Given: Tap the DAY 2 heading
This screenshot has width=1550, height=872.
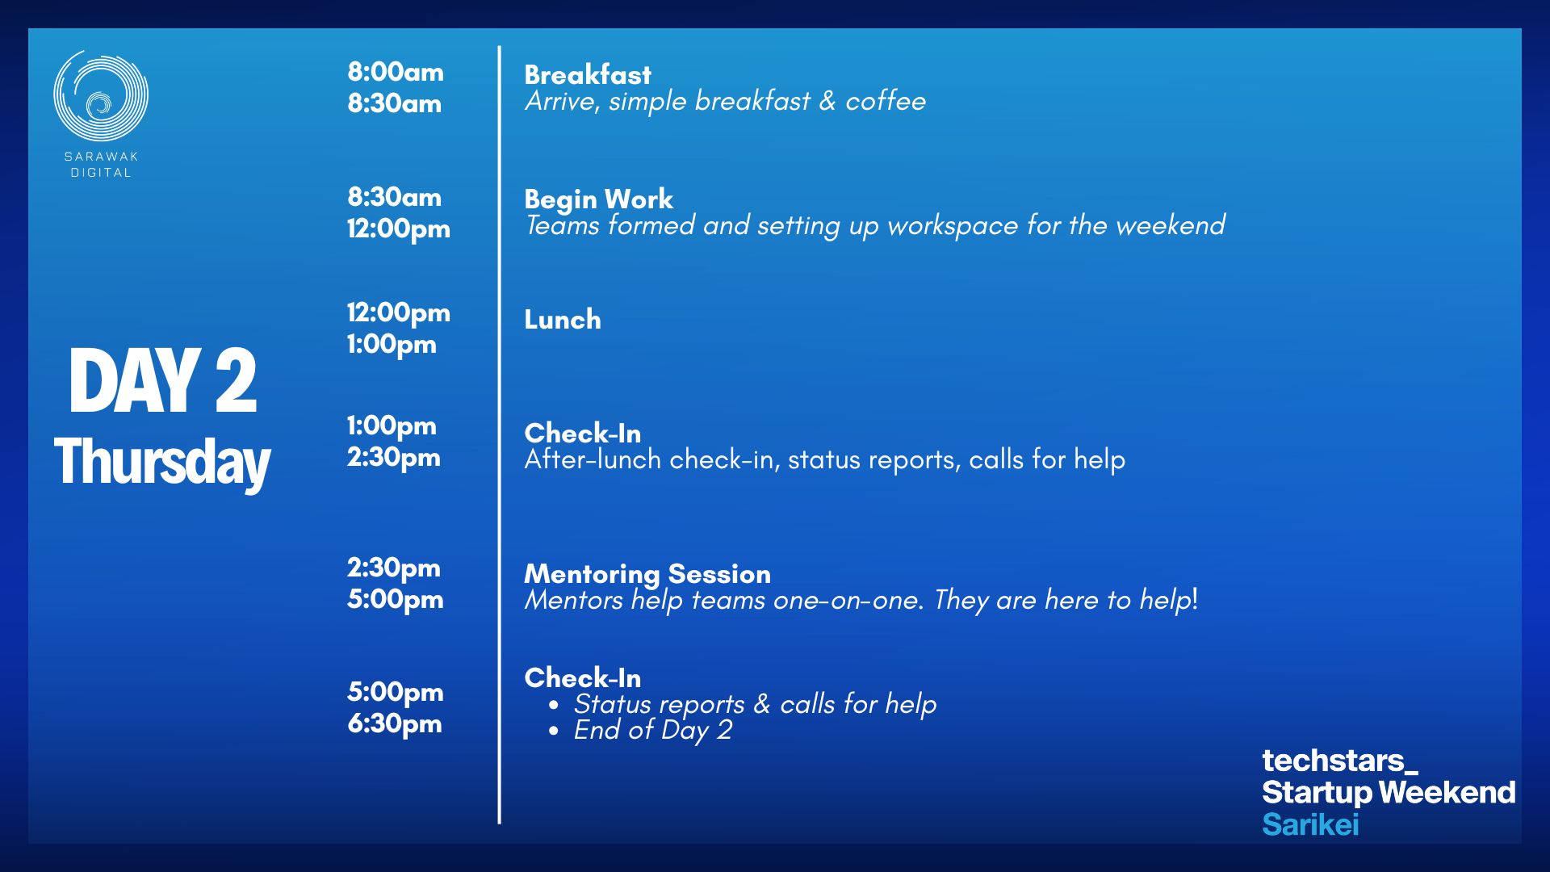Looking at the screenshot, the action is click(162, 381).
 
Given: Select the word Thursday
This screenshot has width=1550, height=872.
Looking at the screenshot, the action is click(162, 463).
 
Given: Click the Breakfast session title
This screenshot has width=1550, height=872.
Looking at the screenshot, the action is click(588, 74).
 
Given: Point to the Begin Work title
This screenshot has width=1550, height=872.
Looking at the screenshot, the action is click(598, 199).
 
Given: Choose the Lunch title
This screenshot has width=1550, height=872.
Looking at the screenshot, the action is click(563, 319).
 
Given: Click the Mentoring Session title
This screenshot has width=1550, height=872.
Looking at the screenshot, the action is click(647, 573).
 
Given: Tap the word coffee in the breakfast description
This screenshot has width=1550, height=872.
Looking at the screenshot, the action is click(886, 101).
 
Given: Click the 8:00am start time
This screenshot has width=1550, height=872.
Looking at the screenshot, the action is click(396, 72).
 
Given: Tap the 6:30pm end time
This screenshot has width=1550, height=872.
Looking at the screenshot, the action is click(395, 723).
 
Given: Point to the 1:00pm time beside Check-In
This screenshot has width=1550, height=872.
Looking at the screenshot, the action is click(392, 426).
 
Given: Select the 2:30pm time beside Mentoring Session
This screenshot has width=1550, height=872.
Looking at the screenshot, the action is click(394, 568).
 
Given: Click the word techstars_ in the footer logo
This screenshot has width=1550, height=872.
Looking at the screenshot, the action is click(1340, 761).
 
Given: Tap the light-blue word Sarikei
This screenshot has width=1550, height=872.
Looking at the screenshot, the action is click(1310, 824).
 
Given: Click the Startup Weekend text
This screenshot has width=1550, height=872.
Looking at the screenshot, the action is click(1389, 792).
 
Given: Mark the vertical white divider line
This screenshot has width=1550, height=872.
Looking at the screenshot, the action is click(500, 435).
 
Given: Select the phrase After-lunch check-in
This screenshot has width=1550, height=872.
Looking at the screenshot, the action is click(648, 459).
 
